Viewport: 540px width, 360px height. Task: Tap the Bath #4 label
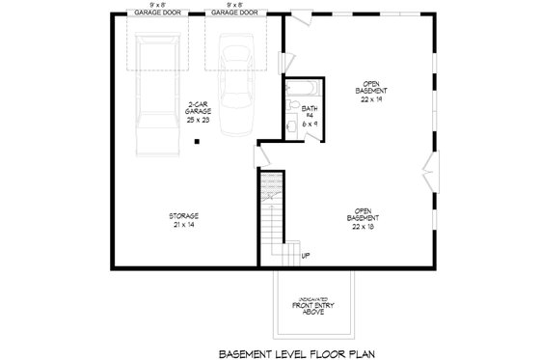pyautogui.click(x=310, y=115)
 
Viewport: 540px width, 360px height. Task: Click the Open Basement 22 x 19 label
pyautogui.click(x=369, y=88)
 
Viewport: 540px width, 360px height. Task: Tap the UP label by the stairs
pyautogui.click(x=306, y=255)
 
